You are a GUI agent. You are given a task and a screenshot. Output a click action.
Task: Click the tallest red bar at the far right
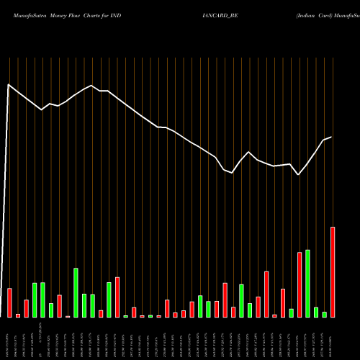click(333, 272)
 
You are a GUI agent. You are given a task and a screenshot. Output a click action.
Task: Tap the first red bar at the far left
click(9, 302)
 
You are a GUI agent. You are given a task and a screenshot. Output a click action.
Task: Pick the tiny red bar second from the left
click(18, 315)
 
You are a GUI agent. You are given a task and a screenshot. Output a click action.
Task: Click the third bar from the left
click(26, 308)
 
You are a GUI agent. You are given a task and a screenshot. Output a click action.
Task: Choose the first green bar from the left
click(35, 300)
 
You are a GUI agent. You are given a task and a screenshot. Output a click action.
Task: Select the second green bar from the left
click(42, 300)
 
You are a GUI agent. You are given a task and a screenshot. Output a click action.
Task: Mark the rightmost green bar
click(324, 314)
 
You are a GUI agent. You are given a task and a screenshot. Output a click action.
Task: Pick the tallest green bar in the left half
click(76, 292)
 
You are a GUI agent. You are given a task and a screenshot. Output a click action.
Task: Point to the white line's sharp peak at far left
click(9, 85)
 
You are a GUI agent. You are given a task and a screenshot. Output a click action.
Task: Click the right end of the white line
click(331, 137)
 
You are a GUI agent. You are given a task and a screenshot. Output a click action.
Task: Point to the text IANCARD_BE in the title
click(221, 14)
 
